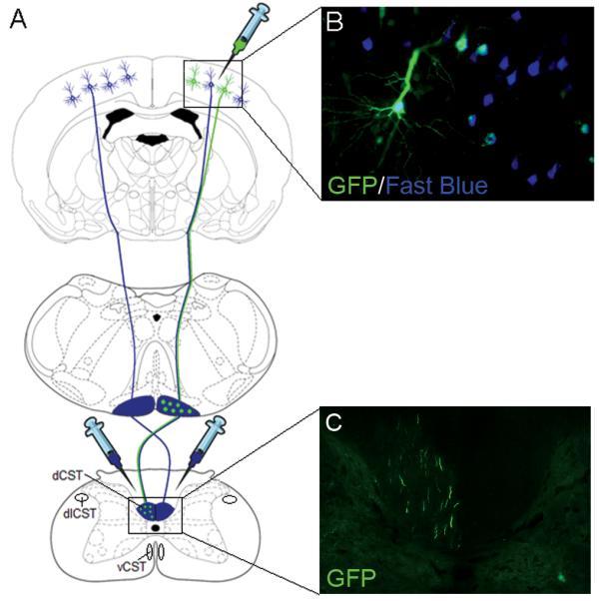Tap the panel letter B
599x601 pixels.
(x=336, y=19)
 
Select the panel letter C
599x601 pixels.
(x=335, y=423)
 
